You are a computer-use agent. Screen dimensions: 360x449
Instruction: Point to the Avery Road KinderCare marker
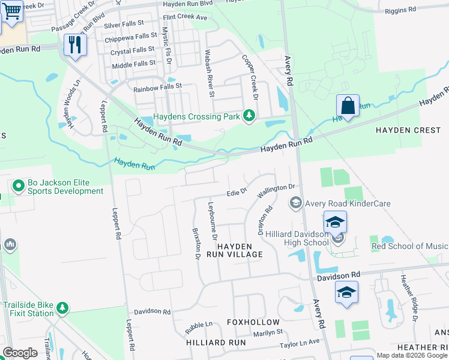[295, 204]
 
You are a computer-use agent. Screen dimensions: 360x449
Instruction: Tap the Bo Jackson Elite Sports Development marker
[18, 186]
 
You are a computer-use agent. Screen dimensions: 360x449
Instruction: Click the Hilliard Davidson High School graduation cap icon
[336, 223]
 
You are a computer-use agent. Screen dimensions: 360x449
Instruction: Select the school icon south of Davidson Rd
[346, 293]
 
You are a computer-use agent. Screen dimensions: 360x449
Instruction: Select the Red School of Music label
[409, 247]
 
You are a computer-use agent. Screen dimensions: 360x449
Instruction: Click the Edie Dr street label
[237, 192]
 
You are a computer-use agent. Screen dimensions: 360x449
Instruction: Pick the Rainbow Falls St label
[147, 86]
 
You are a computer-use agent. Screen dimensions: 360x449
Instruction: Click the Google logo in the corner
[20, 353]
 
